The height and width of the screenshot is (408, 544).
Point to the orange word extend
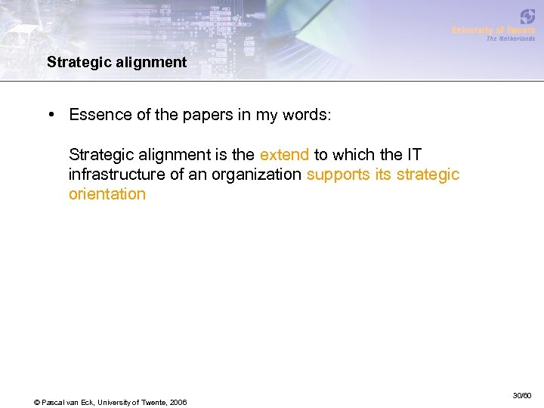284,155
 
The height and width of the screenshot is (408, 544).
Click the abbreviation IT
414,155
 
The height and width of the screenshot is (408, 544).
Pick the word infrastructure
116,175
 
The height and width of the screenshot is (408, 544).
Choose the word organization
258,175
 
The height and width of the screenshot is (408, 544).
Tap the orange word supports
338,175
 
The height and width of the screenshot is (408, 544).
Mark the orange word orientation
107,194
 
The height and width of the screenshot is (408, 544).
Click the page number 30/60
522,396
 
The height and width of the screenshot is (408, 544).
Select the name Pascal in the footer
56,401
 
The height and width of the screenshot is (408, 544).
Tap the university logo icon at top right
527,17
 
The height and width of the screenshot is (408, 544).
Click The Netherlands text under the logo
510,39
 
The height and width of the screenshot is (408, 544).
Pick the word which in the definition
351,155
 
